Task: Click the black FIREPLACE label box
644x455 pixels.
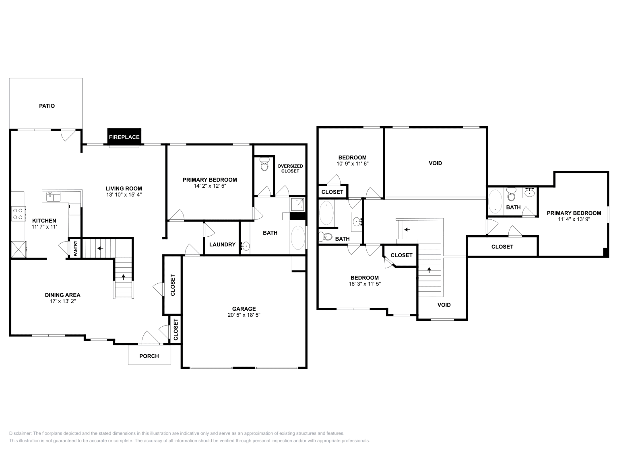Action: pyautogui.click(x=124, y=137)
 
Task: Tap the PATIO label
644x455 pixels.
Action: pyautogui.click(x=47, y=106)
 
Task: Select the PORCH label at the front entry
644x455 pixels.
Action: pyautogui.click(x=149, y=356)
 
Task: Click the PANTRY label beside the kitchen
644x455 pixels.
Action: pyautogui.click(x=76, y=248)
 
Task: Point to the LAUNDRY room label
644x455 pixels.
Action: pyautogui.click(x=222, y=244)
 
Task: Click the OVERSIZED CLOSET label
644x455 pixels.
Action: pyautogui.click(x=290, y=168)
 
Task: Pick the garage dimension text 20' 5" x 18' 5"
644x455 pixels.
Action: pyautogui.click(x=244, y=315)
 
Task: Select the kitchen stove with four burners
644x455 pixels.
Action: pyautogui.click(x=18, y=214)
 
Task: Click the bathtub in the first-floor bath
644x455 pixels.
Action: pyautogui.click(x=298, y=238)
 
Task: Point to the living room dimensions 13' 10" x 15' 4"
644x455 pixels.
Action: pyautogui.click(x=124, y=195)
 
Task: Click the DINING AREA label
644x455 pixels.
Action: pyautogui.click(x=63, y=295)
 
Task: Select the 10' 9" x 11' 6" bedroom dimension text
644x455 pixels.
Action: pyautogui.click(x=353, y=164)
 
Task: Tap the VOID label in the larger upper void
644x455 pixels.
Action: pyautogui.click(x=435, y=163)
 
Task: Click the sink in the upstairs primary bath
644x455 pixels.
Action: pyautogui.click(x=529, y=192)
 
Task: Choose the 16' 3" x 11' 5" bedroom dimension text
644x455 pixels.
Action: pyautogui.click(x=365, y=284)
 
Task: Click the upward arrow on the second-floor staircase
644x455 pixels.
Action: pyautogui.click(x=429, y=270)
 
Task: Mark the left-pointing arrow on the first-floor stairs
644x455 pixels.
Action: pyautogui.click(x=100, y=248)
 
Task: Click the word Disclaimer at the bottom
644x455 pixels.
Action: pyautogui.click(x=20, y=433)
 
